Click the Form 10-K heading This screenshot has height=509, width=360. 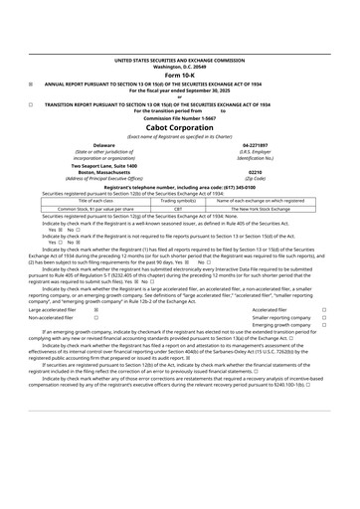click(x=179, y=76)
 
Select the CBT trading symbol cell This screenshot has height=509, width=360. click(x=178, y=209)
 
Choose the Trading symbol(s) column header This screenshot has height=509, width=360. click(x=178, y=200)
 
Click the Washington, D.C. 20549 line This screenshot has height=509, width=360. click(x=179, y=67)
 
